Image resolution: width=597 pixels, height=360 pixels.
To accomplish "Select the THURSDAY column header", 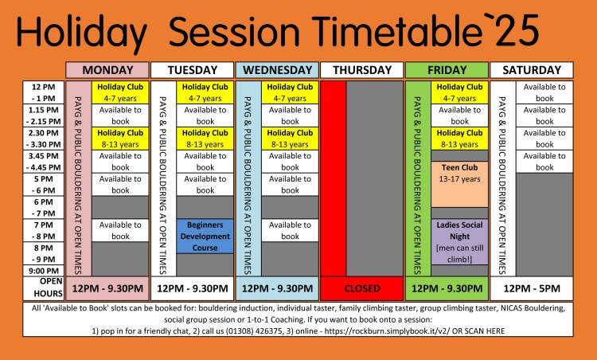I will tap(361, 70).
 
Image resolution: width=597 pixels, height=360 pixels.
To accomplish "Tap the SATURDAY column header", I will tap(531, 70).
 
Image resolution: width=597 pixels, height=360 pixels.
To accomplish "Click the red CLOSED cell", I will tap(361, 288).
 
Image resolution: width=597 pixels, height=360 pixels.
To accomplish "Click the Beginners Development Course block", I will tap(205, 237).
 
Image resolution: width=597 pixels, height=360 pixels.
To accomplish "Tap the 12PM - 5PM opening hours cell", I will tap(531, 288).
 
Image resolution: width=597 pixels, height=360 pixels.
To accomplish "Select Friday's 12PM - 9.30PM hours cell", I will tap(447, 288).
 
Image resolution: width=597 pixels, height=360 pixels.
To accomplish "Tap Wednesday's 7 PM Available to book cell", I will tap(290, 230).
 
